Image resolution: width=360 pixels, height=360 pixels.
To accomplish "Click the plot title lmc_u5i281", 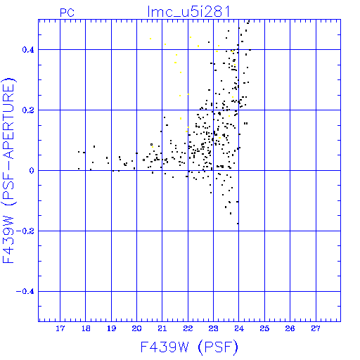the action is [x=188, y=12].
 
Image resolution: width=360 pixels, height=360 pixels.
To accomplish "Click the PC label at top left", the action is [x=67, y=13].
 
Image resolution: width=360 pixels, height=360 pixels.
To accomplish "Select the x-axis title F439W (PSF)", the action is [x=189, y=347].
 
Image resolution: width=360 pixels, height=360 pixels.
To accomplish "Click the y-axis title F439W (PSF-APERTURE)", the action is [x=8, y=171].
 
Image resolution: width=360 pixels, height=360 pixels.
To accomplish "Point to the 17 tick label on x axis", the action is [x=60, y=328].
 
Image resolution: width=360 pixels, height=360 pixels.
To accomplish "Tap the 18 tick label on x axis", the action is [x=86, y=328].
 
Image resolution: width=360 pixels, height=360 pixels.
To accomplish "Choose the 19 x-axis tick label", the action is [x=111, y=328].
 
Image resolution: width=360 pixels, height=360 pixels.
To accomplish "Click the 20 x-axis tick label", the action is [x=136, y=328].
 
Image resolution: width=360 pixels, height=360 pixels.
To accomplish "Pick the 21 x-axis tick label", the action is [x=162, y=328].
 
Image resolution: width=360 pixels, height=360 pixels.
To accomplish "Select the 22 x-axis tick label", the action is [x=188, y=328].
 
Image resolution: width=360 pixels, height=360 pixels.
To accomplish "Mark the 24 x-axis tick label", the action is [x=239, y=328].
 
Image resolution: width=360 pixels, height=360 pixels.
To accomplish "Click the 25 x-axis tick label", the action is [x=264, y=328].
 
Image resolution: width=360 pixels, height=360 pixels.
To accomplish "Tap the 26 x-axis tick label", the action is [x=290, y=328].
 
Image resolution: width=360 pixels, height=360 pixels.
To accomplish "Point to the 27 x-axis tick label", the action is [x=316, y=328].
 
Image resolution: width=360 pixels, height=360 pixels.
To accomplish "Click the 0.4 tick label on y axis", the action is [x=28, y=50].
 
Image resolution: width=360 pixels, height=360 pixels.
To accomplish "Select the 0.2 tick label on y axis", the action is [x=28, y=110].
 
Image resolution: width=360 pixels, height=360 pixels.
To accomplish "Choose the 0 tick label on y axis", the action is [x=32, y=171].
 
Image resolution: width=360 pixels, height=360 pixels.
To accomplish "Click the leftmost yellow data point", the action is [x=150, y=39].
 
